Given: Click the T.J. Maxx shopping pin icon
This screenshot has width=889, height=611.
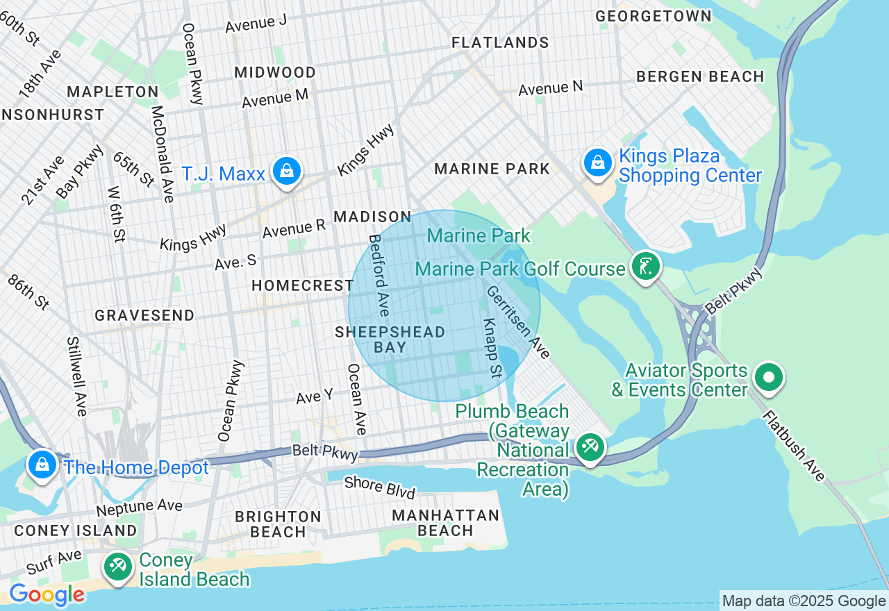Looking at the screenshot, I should click(286, 170).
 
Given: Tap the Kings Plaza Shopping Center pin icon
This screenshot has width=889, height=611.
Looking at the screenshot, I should click(597, 162).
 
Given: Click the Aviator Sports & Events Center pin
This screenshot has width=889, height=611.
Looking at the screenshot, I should click(769, 378).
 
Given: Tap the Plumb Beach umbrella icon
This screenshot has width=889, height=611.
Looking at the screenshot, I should click(590, 446).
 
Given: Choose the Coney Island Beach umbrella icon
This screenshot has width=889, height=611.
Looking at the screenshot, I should click(117, 566).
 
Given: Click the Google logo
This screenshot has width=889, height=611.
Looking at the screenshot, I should click(47, 594).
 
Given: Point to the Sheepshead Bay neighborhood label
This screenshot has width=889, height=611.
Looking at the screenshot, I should click(390, 340).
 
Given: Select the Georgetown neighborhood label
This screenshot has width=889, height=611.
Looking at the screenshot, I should click(654, 16).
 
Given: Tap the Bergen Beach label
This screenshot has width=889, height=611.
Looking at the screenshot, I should click(700, 76).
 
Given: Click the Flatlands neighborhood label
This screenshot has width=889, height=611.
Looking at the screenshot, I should click(500, 43).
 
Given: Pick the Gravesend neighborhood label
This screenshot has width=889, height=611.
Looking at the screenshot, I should click(144, 315).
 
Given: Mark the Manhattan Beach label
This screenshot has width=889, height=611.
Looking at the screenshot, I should click(445, 523).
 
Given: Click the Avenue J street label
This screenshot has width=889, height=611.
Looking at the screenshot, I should click(256, 23).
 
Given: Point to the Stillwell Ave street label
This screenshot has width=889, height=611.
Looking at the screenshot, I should click(76, 376).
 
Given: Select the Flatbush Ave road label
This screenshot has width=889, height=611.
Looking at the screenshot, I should click(794, 445).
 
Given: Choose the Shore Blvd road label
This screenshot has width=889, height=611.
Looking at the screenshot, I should click(380, 487).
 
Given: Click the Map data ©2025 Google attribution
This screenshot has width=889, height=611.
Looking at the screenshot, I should click(804, 601).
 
